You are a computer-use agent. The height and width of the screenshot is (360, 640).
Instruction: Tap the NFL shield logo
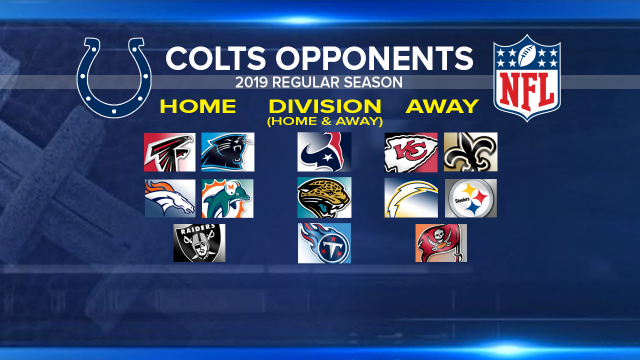pyautogui.click(x=527, y=77)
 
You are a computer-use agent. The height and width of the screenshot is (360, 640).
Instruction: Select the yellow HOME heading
pyautogui.click(x=198, y=106)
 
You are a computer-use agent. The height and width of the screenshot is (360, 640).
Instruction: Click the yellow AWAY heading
pyautogui.click(x=442, y=106)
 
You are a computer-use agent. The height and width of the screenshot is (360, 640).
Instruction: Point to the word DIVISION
pyautogui.click(x=325, y=106)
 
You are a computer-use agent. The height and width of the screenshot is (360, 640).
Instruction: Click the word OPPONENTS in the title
pyautogui.click(x=374, y=58)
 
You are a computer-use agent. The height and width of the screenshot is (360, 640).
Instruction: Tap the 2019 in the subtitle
pyautogui.click(x=251, y=82)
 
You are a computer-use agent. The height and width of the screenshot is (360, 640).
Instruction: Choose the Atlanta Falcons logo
pyautogui.click(x=169, y=152)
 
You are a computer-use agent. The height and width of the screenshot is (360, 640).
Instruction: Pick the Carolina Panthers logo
pyautogui.click(x=227, y=152)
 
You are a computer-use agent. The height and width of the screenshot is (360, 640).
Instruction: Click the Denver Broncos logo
pyautogui.click(x=170, y=198)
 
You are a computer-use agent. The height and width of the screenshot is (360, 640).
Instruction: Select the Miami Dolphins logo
pyautogui.click(x=227, y=198)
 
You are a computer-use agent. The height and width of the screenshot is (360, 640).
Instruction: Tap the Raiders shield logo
pyautogui.click(x=199, y=243)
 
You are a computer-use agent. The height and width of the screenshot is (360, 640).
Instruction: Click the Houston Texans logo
pyautogui.click(x=324, y=151)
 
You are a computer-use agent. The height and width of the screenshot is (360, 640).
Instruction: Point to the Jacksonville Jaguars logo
pyautogui.click(x=324, y=197)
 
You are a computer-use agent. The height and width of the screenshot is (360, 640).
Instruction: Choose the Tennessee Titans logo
pyautogui.click(x=324, y=243)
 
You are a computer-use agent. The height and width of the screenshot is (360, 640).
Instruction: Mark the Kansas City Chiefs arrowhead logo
pyautogui.click(x=411, y=152)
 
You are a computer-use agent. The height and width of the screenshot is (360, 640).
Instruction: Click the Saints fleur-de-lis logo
pyautogui.click(x=470, y=152)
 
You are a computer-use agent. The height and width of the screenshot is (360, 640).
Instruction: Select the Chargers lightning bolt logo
pyautogui.click(x=411, y=197)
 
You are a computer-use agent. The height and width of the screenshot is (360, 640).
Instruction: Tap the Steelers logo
pyautogui.click(x=471, y=198)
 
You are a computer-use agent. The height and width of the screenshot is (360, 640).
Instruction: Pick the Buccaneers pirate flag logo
pyautogui.click(x=441, y=243)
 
